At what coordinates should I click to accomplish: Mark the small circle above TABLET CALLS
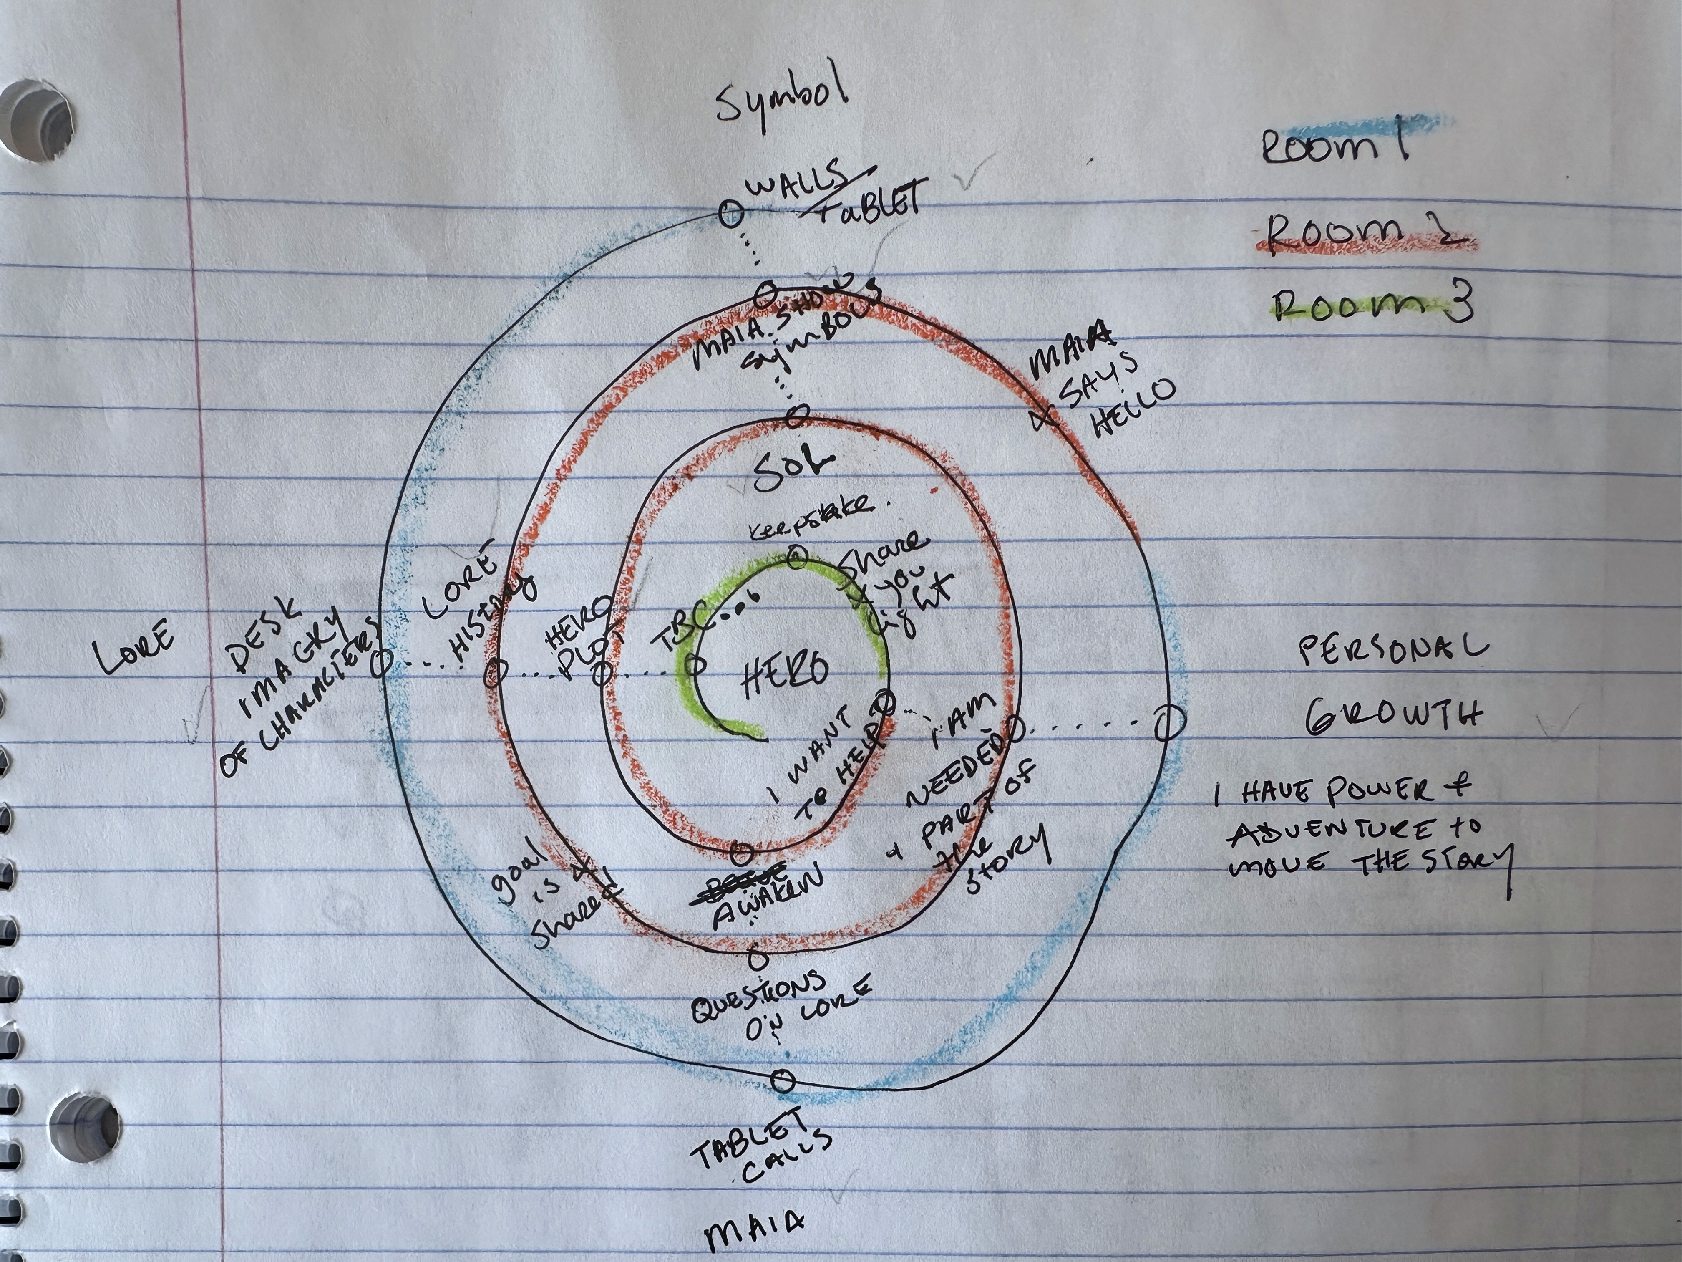tap(783, 1080)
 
